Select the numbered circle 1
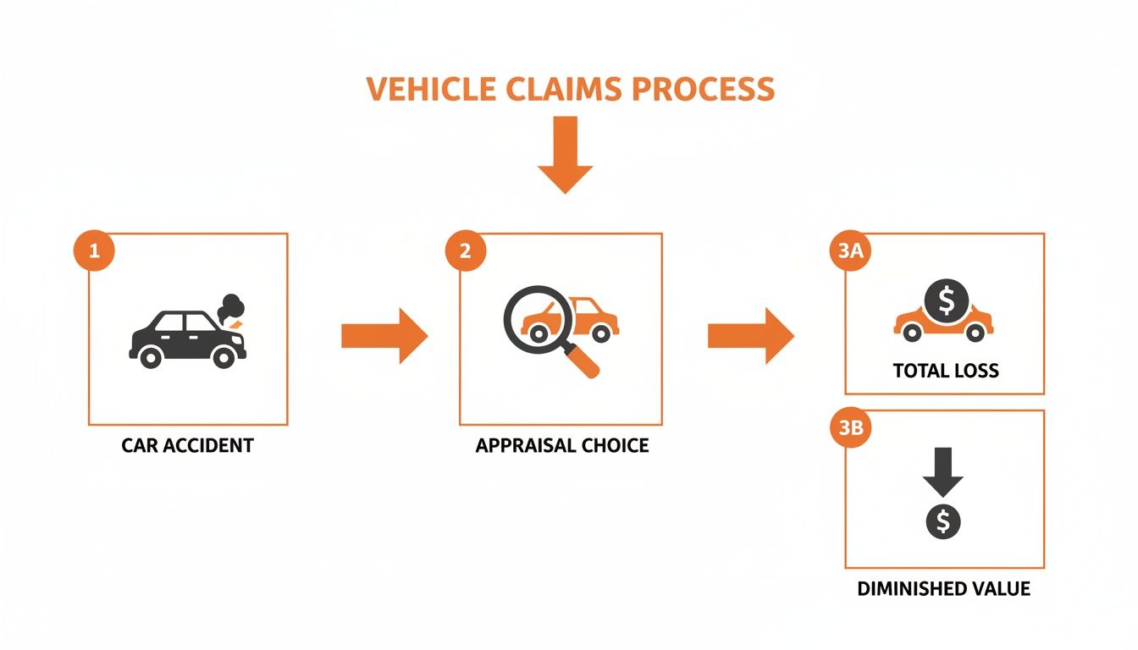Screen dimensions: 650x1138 [x=94, y=251]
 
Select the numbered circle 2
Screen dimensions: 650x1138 [x=465, y=251]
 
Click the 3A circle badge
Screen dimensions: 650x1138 [x=849, y=251]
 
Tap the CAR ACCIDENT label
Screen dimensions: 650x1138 [x=187, y=445]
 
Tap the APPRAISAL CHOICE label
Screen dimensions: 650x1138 [x=561, y=445]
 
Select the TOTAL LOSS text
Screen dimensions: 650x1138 [x=945, y=371]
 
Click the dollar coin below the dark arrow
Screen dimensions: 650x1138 [x=943, y=522]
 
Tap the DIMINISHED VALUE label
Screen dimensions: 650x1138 [x=943, y=588]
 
